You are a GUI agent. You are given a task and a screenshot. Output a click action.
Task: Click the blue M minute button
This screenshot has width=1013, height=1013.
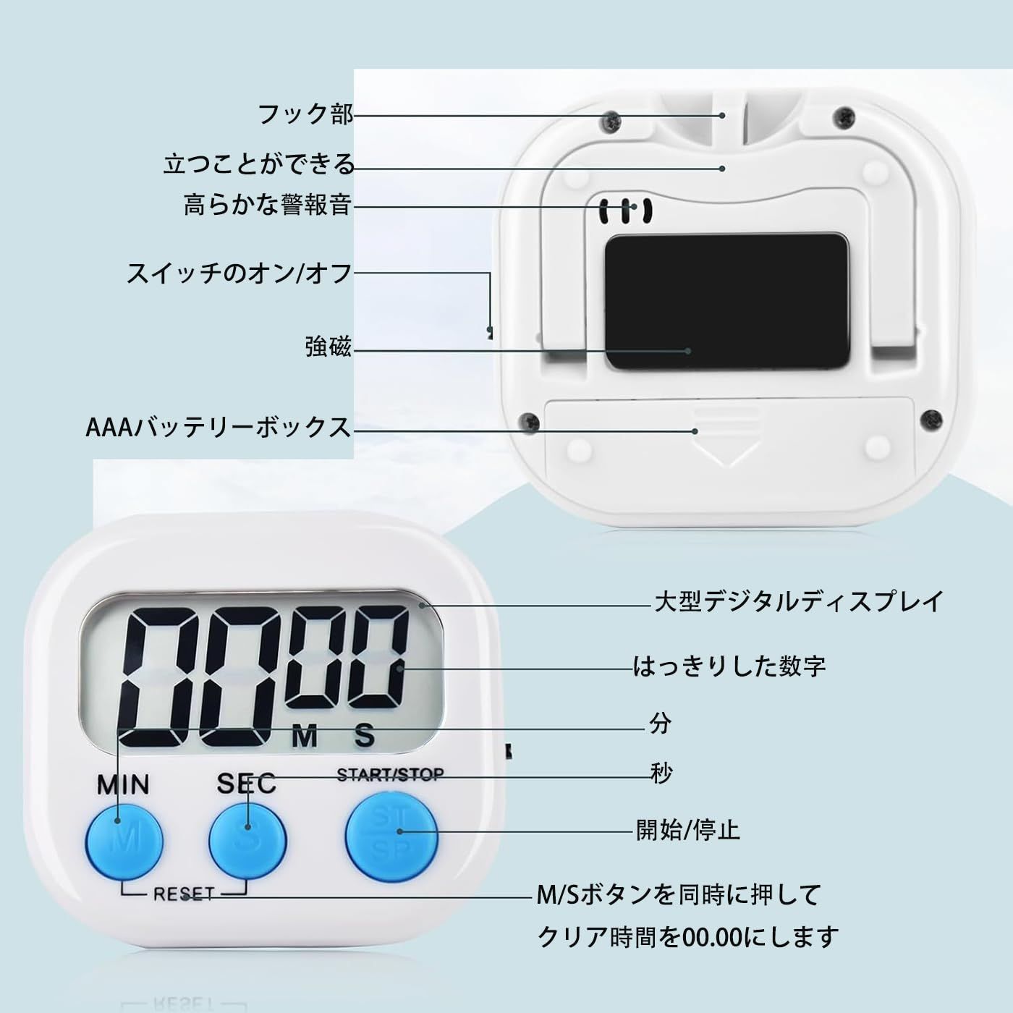click(124, 840)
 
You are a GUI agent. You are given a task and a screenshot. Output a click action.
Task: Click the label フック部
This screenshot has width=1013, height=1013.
click(306, 114)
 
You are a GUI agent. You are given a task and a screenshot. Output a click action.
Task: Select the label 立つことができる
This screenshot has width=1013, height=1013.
click(259, 165)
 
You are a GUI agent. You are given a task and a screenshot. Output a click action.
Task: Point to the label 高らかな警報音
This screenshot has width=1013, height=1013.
click(268, 205)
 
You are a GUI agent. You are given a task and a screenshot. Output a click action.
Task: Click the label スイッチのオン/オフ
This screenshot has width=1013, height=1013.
click(240, 274)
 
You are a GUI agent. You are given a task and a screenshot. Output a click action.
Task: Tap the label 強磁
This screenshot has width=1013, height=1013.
click(328, 347)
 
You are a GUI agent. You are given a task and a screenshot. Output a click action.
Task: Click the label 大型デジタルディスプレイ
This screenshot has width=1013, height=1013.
click(799, 601)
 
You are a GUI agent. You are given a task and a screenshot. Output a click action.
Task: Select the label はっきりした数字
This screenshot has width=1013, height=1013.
click(729, 666)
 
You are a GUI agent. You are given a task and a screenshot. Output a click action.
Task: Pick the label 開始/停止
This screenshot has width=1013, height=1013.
click(688, 829)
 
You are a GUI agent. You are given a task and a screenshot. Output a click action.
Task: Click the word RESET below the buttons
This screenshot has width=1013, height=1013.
click(184, 894)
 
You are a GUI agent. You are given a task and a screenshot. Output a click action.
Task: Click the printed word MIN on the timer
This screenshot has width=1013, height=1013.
click(124, 784)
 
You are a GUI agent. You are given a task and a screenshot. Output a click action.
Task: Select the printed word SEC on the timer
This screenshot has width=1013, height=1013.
click(246, 783)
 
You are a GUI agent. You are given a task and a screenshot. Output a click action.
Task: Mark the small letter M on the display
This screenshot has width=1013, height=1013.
click(305, 737)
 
